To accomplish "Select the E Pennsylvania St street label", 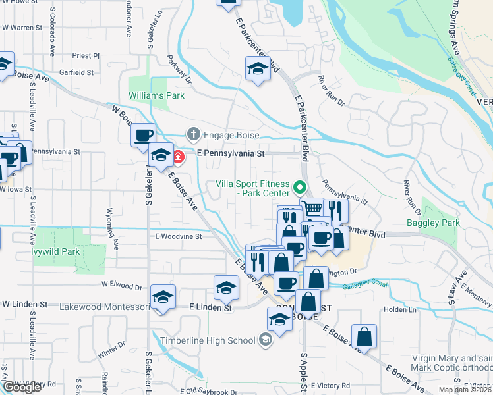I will (x=231, y=153).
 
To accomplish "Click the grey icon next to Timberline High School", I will (x=265, y=340).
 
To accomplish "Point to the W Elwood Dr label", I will (x=122, y=286).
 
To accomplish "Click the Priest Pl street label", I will (x=86, y=56).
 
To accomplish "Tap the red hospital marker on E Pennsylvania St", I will (x=179, y=157).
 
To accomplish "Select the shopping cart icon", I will (x=312, y=209).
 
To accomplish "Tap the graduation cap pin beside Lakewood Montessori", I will (x=163, y=296).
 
